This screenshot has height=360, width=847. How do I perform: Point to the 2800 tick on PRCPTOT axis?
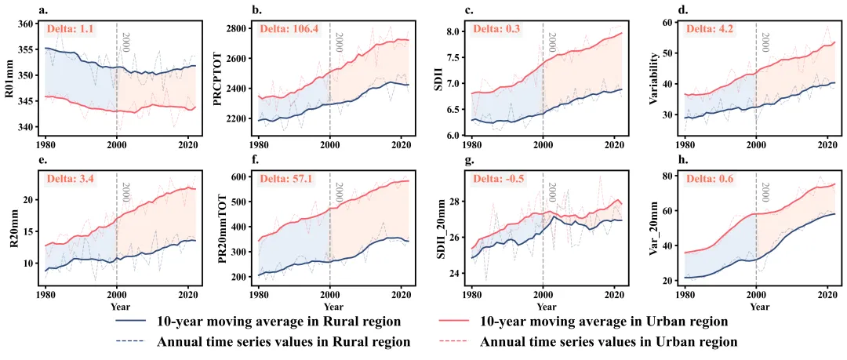tap(240, 28)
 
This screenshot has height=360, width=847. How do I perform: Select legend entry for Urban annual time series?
tap(608, 342)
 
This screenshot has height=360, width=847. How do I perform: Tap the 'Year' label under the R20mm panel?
tap(120, 306)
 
